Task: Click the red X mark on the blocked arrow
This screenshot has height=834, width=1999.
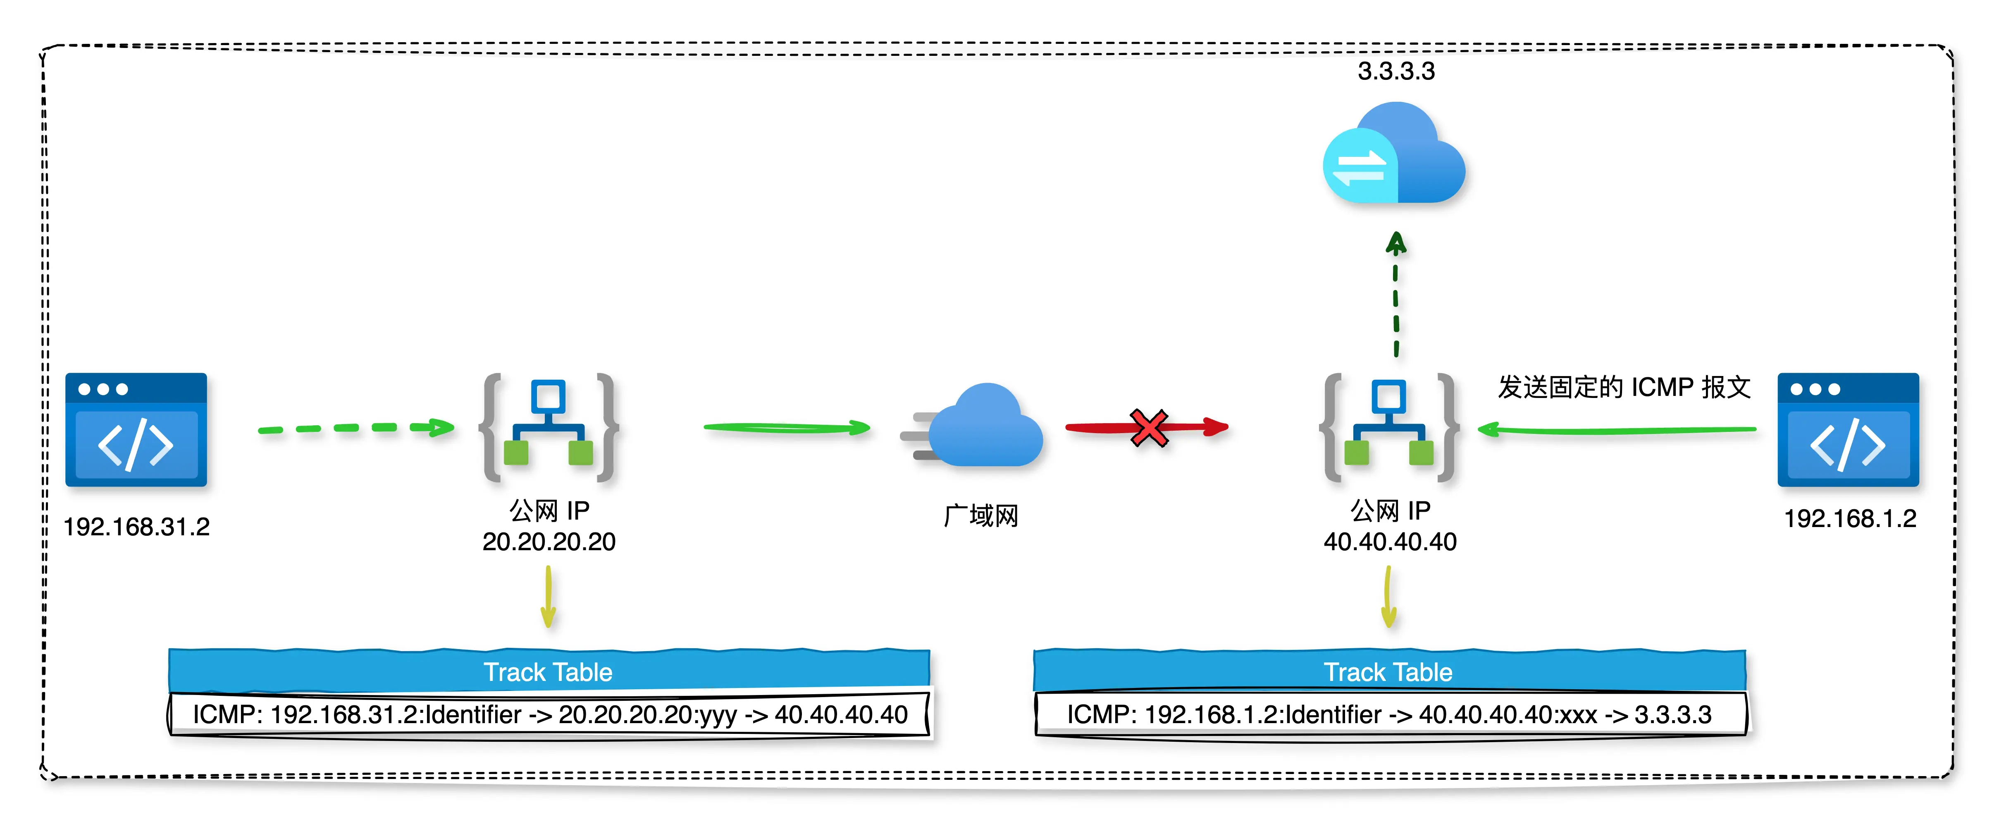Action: click(1149, 428)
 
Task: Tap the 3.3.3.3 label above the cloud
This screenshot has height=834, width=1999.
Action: click(1396, 72)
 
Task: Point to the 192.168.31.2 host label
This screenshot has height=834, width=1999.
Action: click(136, 527)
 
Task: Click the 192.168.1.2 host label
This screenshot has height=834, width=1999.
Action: click(1850, 519)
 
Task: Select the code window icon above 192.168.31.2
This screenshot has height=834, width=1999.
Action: click(136, 429)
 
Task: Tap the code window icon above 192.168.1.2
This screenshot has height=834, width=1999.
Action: click(1848, 429)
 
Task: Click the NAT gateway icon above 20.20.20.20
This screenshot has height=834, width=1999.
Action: click(549, 428)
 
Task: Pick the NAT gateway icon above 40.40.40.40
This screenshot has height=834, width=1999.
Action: click(1389, 428)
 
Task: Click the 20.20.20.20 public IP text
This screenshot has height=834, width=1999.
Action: click(549, 542)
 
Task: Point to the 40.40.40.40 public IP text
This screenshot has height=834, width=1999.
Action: click(1390, 542)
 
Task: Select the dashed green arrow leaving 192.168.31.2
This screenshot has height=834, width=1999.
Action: click(355, 428)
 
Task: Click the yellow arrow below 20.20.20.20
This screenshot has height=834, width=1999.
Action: click(549, 597)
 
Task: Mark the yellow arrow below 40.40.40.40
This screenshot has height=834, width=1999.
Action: click(1389, 597)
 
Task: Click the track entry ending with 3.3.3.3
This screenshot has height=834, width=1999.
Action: click(1389, 714)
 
